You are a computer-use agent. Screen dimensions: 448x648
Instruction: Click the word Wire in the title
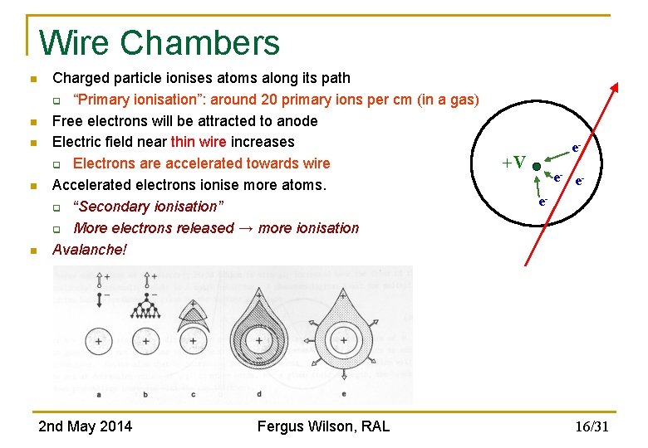76,42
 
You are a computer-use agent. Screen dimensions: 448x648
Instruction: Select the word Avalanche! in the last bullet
90,249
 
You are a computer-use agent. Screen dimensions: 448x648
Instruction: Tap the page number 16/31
592,427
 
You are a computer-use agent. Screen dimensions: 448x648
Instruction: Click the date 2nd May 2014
85,426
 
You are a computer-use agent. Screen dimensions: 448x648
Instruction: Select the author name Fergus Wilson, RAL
323,426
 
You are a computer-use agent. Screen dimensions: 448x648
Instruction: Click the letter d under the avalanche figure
260,393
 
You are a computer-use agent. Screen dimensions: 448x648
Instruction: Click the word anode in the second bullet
297,120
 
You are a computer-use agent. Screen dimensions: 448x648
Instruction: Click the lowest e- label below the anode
542,201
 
